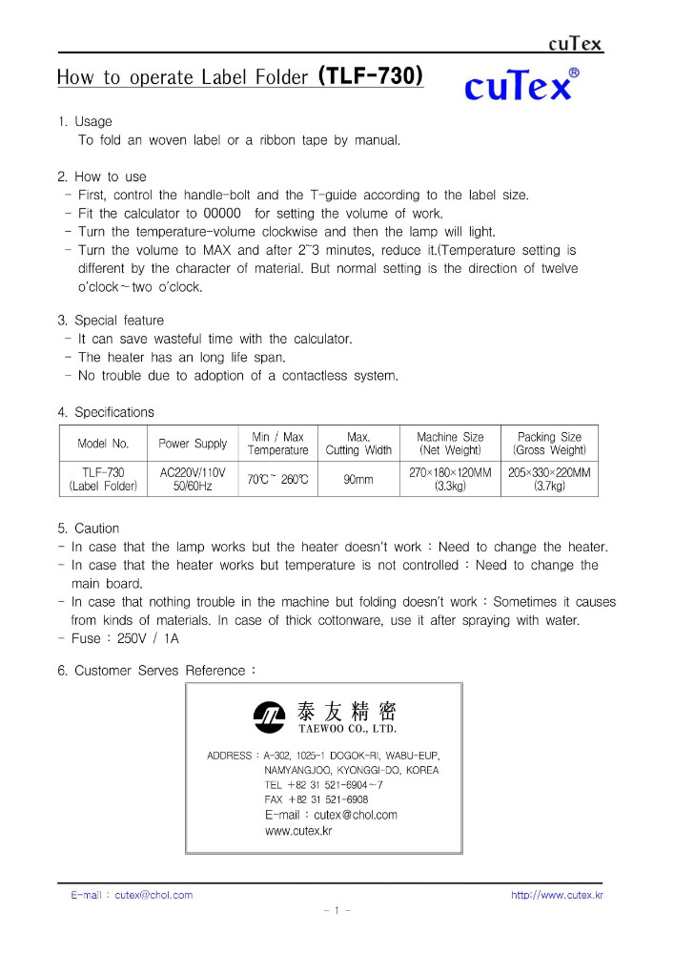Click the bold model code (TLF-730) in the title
click(x=370, y=75)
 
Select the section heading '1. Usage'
click(x=85, y=121)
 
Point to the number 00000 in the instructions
click(x=223, y=214)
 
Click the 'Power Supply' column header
click(x=193, y=444)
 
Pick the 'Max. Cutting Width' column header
click(x=358, y=444)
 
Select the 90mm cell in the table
click(x=358, y=479)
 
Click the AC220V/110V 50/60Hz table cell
click(x=193, y=479)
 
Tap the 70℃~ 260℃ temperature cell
click(x=277, y=479)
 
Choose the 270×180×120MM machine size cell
click(x=450, y=479)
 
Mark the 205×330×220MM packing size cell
click(x=549, y=479)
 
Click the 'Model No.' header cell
click(x=103, y=444)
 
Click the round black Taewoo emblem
click(x=268, y=715)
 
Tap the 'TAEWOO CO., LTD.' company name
click(x=347, y=729)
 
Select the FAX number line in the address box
click(x=317, y=799)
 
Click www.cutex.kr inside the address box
click(x=298, y=831)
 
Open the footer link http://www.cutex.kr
click(x=557, y=895)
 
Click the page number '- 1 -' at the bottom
click(x=337, y=911)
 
